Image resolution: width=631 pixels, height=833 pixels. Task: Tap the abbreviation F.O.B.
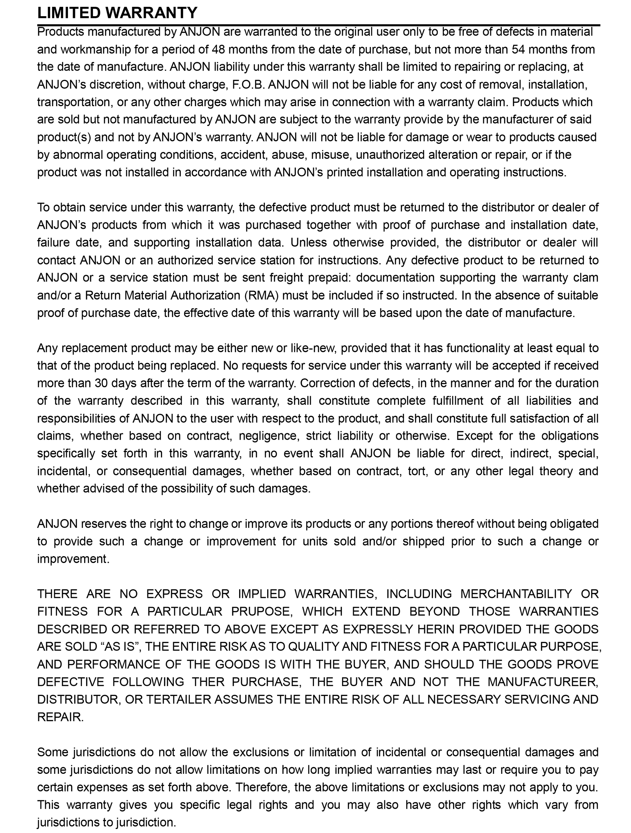(x=247, y=84)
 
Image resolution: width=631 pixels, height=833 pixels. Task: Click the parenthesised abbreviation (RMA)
(x=261, y=295)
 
